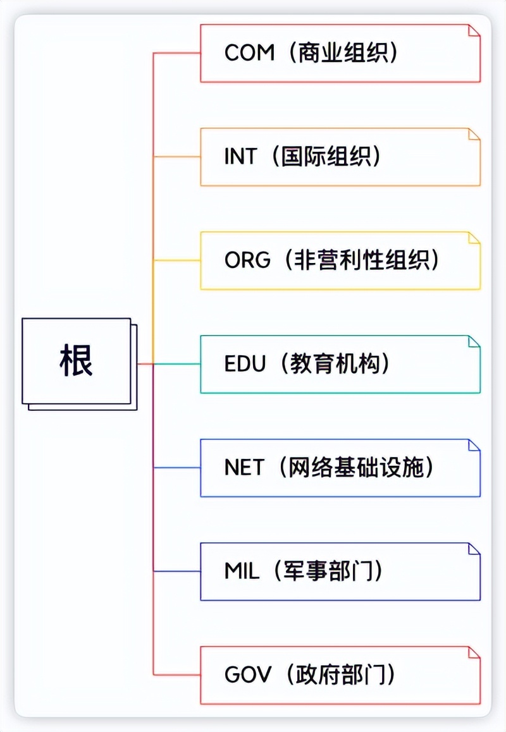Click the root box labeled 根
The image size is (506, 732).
(77, 361)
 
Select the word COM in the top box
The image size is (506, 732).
(249, 53)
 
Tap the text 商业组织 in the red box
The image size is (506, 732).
(345, 53)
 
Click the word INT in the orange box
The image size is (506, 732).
(240, 157)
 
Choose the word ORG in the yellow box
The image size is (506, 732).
(247, 260)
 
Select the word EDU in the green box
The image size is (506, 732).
(245, 364)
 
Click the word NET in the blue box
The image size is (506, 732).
(244, 468)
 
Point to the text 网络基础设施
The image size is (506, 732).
(360, 468)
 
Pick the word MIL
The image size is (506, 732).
(242, 571)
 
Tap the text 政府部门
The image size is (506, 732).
(342, 675)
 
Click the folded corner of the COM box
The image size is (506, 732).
(474, 31)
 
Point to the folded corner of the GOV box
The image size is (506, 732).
(474, 653)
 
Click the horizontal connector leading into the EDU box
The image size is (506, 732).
(177, 364)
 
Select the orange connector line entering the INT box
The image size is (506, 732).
(177, 157)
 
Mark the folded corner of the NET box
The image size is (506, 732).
(474, 446)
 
